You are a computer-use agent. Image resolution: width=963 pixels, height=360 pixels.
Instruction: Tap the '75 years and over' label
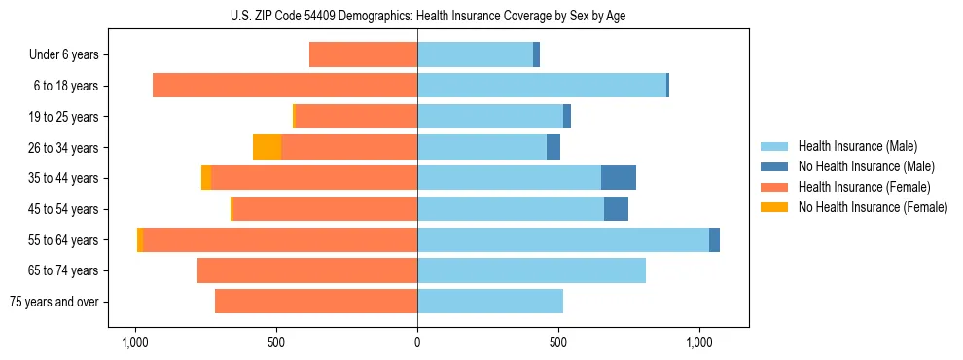(54, 302)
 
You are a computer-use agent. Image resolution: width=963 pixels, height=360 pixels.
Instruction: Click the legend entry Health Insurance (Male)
(857, 146)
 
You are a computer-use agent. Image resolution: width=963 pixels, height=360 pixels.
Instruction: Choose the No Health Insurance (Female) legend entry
(873, 207)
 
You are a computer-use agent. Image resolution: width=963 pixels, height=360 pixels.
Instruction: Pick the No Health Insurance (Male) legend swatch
(774, 166)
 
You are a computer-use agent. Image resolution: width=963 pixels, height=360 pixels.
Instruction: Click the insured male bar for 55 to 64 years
(563, 240)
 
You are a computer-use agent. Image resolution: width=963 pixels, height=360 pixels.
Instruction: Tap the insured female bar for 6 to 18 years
(285, 86)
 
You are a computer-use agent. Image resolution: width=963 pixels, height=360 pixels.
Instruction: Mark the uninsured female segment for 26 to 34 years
(267, 148)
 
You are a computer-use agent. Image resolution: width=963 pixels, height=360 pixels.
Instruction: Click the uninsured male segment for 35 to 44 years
(619, 178)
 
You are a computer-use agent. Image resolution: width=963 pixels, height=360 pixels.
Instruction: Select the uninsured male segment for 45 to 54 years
(616, 209)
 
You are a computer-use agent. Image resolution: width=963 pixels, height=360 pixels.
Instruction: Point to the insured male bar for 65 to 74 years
(531, 270)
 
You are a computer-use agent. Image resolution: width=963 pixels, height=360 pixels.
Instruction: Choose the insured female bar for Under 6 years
(363, 55)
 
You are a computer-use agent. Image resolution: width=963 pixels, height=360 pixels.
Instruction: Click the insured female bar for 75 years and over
(316, 302)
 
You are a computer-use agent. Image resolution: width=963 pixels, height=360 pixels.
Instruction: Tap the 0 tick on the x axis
(417, 342)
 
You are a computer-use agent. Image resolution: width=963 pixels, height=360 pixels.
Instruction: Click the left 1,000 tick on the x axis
(134, 342)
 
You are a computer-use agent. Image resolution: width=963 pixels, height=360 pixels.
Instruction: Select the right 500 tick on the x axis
(557, 342)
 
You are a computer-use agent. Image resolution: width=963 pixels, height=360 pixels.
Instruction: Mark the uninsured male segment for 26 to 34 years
(553, 148)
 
